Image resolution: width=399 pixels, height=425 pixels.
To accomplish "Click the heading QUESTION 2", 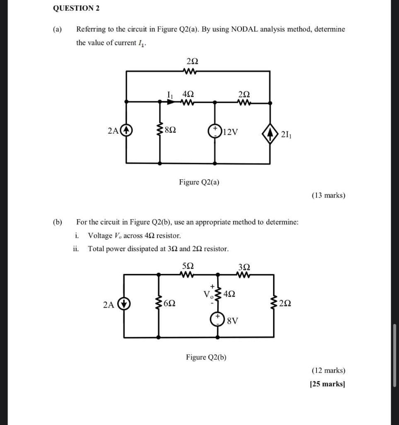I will pos(76,8).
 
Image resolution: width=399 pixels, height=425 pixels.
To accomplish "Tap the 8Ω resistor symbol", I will pos(160,131).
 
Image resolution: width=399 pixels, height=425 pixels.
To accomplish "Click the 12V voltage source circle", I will pos(215,131).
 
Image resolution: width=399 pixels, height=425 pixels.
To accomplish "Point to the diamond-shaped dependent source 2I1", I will pos(270,134).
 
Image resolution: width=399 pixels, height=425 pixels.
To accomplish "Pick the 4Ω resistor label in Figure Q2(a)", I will pos(188,94).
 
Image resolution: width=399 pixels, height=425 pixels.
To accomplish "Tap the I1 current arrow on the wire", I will pos(170,101).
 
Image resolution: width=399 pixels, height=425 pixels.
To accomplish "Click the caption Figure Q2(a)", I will pos(199,182).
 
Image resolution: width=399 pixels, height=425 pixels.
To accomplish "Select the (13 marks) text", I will pos(328,195).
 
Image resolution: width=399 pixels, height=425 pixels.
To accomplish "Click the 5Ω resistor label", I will pos(188,266).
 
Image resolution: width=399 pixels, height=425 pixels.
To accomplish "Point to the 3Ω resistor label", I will pos(244,266).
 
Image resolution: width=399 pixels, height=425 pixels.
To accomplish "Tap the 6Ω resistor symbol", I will pos(159,304).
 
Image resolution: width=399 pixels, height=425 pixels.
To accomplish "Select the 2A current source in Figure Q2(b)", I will pos(123,304).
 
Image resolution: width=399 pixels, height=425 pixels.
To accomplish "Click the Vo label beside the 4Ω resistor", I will pos(208,294).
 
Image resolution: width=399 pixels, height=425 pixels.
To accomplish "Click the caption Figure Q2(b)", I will pos(206,357).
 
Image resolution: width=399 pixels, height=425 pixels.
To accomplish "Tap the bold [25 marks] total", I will pos(327,384).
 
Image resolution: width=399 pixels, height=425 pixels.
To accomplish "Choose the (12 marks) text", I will pos(328,370).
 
